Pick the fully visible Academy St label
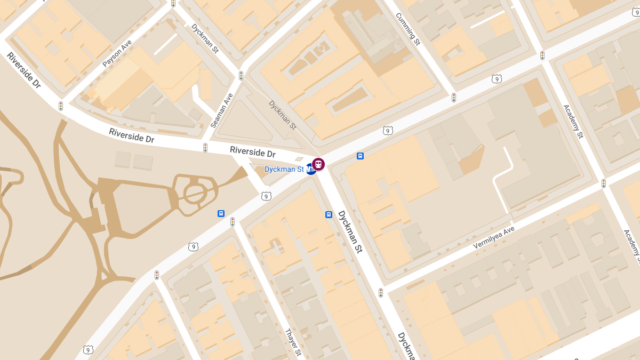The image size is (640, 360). tap(573, 121)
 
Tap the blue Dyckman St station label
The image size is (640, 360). tap(284, 169)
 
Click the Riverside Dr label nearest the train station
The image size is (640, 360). tap(253, 152)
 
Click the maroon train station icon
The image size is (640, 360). tap(318, 164)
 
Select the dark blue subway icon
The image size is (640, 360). tap(311, 170)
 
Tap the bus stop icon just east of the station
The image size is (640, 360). tap(361, 156)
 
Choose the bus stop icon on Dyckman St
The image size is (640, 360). tap(329, 214)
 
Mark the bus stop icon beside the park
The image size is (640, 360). tap(221, 213)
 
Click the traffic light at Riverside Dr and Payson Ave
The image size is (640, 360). tap(61, 106)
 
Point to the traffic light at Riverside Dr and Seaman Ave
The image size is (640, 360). tap(205, 147)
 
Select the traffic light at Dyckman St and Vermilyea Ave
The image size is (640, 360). tap(381, 293)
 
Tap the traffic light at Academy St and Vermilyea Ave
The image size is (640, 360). tap(604, 183)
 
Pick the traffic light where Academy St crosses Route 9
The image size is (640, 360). tap(542, 55)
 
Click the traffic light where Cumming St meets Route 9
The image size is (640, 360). tap(454, 98)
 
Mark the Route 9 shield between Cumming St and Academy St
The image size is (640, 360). tap(497, 79)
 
